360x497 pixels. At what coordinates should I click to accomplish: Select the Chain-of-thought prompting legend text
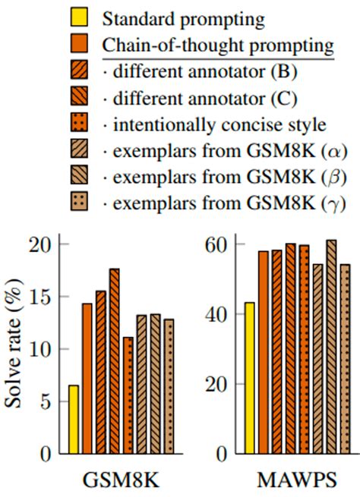click(x=219, y=44)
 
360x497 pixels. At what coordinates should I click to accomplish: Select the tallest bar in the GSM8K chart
click(x=115, y=361)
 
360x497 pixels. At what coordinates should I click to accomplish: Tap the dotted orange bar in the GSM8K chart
click(x=128, y=395)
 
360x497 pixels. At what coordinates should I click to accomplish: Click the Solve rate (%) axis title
click(x=16, y=349)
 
